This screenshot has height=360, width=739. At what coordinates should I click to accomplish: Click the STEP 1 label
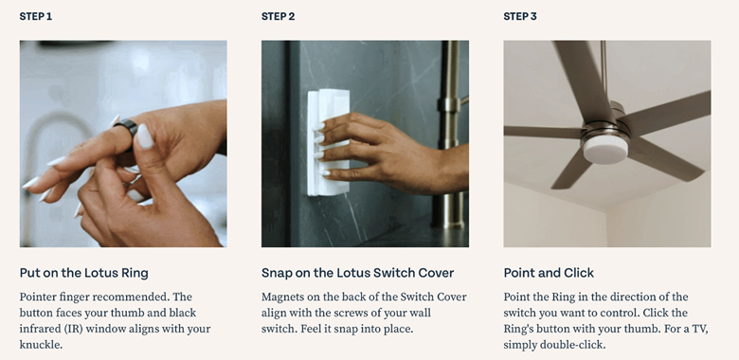[36, 16]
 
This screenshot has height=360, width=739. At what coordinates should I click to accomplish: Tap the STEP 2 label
[278, 16]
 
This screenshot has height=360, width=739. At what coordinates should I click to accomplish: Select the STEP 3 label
[520, 16]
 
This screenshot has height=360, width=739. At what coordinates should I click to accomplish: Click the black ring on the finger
[125, 129]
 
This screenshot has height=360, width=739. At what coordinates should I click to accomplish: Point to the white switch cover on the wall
[329, 142]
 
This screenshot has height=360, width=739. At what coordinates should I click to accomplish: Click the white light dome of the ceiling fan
[605, 149]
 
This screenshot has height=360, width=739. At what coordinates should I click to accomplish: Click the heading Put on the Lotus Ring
[84, 273]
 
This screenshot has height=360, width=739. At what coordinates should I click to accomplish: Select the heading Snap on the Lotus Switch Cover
[358, 273]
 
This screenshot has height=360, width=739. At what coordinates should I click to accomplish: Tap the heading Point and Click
[549, 273]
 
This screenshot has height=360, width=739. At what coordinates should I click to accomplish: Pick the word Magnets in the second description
[281, 297]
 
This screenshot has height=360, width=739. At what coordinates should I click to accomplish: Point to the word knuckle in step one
[40, 345]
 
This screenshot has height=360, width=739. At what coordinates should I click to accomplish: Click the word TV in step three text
[700, 329]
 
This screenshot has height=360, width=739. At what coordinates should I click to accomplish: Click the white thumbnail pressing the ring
[145, 136]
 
